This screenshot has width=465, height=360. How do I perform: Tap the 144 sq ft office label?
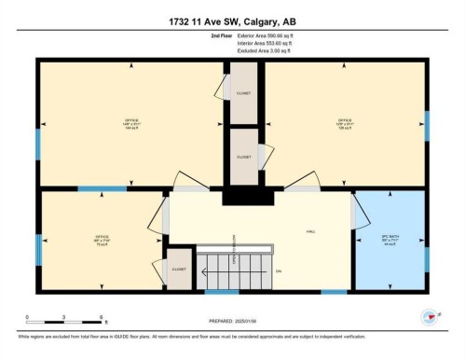(x=130, y=124)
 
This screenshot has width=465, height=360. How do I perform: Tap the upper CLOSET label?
(x=243, y=93)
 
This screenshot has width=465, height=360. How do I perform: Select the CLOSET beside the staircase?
(x=180, y=270)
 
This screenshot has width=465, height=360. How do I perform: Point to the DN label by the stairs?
(x=277, y=270)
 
